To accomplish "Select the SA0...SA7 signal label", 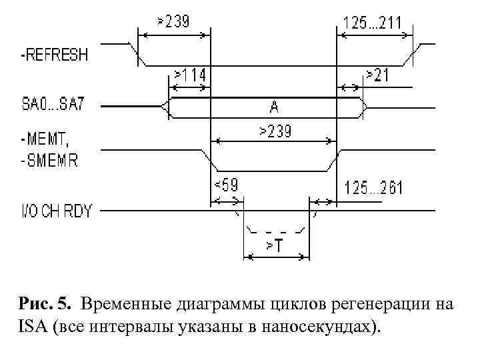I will click(x=57, y=105).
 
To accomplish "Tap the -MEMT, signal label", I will click(x=45, y=139).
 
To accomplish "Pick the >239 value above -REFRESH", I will click(x=173, y=21).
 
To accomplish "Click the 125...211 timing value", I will click(x=372, y=23).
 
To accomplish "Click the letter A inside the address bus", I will click(x=274, y=105).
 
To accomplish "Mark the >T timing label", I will click(x=274, y=246).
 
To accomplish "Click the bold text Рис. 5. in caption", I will click(x=45, y=306).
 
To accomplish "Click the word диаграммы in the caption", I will click(x=215, y=306).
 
